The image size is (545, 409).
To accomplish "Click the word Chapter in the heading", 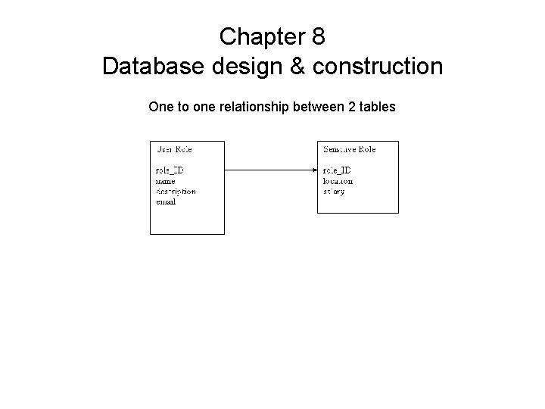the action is click(260, 36).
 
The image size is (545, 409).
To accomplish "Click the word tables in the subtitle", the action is click(378, 107).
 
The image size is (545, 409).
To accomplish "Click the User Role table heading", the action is click(174, 149).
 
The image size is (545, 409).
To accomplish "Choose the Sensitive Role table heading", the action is click(349, 149).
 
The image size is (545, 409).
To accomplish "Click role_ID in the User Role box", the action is click(170, 171).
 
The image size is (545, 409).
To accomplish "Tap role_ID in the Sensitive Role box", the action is click(338, 171).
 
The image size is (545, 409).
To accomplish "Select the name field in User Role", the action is click(166, 182).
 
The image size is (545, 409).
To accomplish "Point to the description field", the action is click(176, 192).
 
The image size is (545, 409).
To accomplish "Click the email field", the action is click(166, 202).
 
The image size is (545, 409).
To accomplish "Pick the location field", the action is click(338, 182).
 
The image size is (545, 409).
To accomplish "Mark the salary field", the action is click(333, 192).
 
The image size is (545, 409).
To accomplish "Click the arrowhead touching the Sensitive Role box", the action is click(313, 170).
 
